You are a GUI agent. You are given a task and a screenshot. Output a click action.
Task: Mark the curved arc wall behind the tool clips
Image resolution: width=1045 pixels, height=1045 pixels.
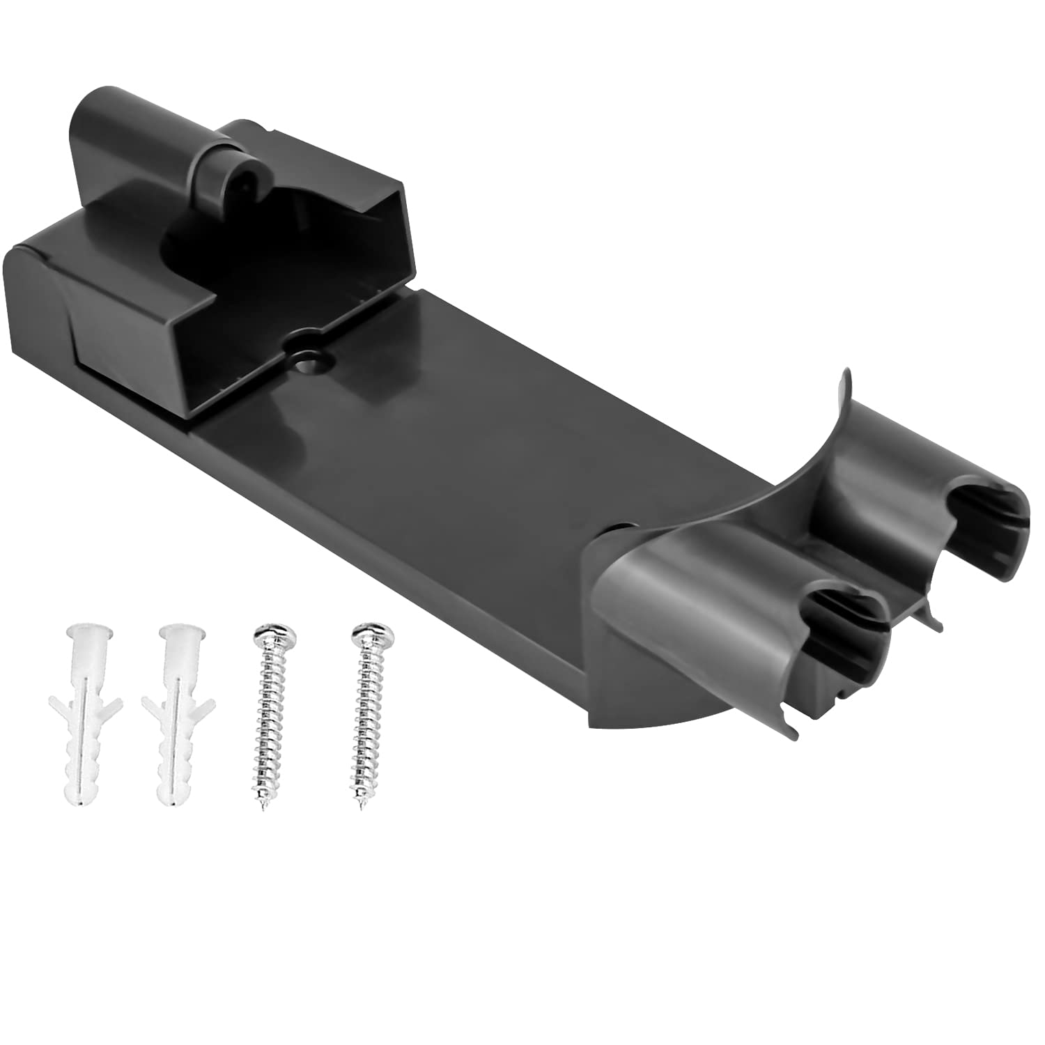801,453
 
